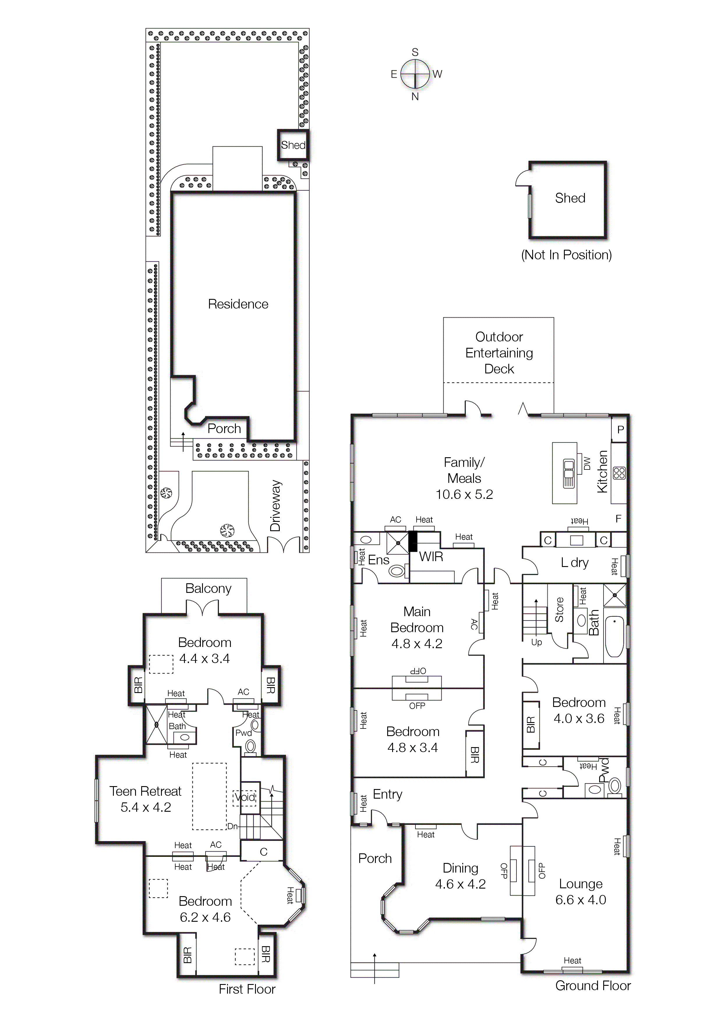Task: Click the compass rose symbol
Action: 415,74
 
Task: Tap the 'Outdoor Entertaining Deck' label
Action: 499,353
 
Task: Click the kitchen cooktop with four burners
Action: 619,473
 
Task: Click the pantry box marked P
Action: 620,430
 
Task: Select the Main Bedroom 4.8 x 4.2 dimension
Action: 417,644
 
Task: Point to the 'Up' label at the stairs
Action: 537,642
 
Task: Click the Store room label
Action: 559,610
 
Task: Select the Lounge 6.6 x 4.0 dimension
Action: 581,900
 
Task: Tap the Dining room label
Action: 461,868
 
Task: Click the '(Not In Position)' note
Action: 566,255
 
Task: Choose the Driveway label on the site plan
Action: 275,506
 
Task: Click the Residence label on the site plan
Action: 238,304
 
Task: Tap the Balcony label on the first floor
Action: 208,588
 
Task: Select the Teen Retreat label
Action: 146,791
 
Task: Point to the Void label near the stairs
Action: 245,797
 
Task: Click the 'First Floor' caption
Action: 247,989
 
